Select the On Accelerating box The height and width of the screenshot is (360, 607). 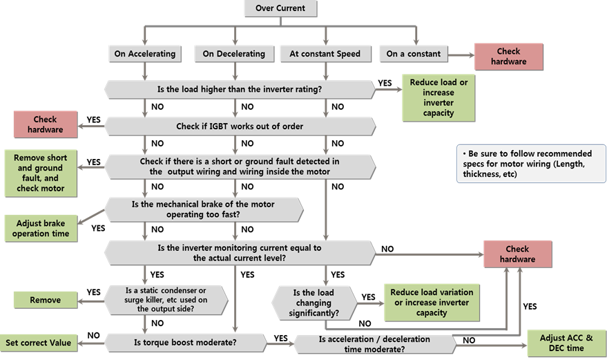coord(143,53)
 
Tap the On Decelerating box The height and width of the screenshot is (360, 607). coord(233,53)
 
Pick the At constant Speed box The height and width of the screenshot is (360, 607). coord(325,53)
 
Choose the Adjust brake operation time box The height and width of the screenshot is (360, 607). coord(41,228)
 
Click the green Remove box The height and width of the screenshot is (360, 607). coord(45,300)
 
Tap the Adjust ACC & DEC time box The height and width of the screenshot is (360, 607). coord(566,343)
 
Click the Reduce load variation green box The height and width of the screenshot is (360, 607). coord(432,303)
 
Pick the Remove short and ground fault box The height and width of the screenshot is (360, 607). coord(39,173)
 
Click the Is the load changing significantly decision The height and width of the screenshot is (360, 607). coord(316,303)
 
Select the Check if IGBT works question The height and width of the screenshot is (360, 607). coord(240,126)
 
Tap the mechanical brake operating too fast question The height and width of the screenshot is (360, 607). coord(204,209)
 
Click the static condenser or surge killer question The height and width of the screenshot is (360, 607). coord(166,300)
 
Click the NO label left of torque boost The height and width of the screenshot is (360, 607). coord(94,335)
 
